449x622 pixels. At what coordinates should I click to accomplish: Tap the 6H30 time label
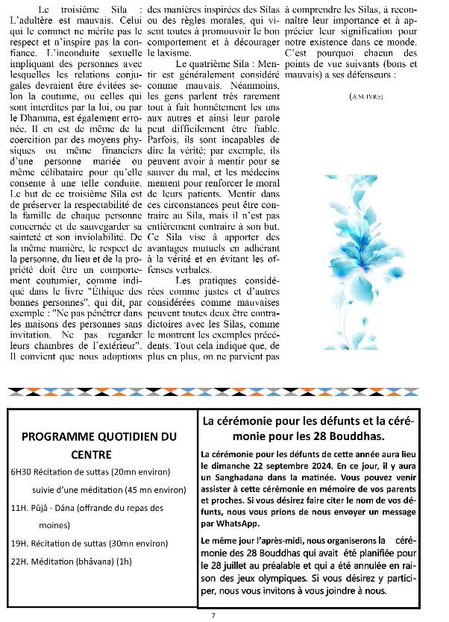pyautogui.click(x=21, y=472)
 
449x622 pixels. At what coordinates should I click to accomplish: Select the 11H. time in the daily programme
pyautogui.click(x=19, y=508)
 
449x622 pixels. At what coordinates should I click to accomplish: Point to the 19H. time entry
pyautogui.click(x=19, y=543)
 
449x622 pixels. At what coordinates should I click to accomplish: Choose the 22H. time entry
pyautogui.click(x=19, y=561)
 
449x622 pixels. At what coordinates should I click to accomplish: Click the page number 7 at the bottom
pyautogui.click(x=213, y=615)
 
